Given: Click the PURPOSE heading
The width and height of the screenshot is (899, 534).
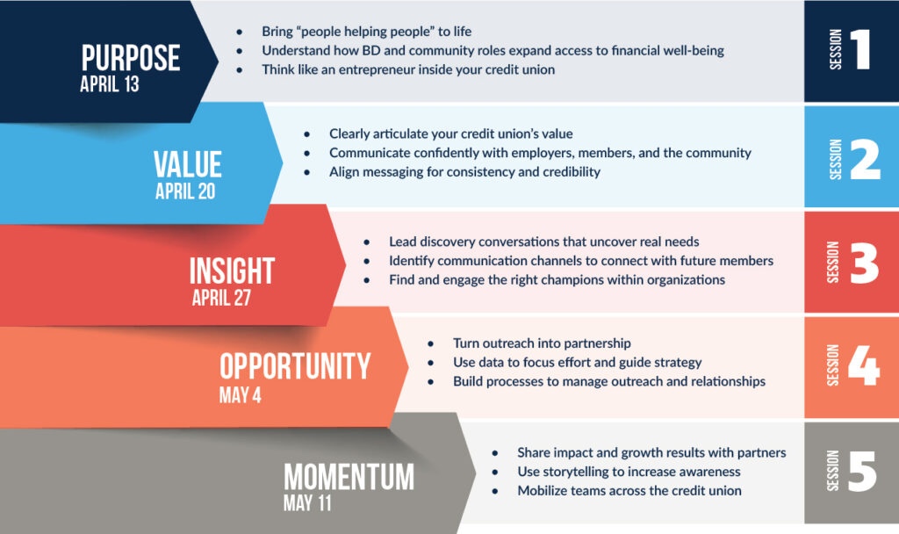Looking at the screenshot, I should [x=130, y=58].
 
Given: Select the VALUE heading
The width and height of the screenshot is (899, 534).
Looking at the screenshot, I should [x=187, y=164].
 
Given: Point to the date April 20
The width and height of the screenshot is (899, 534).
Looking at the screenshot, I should [x=185, y=191].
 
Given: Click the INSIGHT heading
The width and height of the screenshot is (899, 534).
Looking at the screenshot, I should [x=232, y=271].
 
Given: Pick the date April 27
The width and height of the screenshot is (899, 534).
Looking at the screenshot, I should [x=221, y=298].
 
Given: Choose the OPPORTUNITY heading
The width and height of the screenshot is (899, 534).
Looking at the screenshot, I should [x=295, y=366].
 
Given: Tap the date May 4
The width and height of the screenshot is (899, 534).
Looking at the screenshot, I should [x=240, y=395].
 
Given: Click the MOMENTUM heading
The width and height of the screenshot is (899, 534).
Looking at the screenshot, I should [x=349, y=477].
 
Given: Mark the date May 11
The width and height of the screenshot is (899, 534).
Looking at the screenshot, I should [x=307, y=504].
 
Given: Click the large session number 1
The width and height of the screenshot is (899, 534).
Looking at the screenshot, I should [x=861, y=51].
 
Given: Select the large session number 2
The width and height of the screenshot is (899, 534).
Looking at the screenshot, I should [x=864, y=159].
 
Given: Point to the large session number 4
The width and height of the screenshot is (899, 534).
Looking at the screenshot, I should [x=863, y=367].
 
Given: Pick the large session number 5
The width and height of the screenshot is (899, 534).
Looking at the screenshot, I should [x=862, y=472].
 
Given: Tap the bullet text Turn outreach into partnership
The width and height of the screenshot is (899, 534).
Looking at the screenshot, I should [x=542, y=343].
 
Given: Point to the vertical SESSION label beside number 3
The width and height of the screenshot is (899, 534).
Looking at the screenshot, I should [x=833, y=262].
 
